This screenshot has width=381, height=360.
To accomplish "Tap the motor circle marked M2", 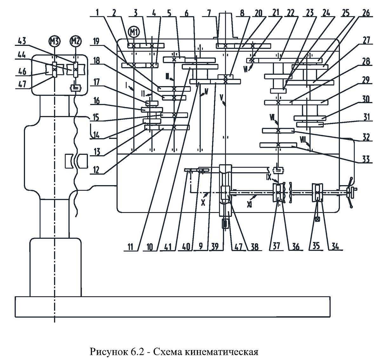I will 75,41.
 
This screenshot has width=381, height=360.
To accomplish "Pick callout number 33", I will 366,158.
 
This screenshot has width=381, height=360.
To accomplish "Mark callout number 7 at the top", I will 208,13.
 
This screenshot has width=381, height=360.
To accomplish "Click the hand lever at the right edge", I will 351,192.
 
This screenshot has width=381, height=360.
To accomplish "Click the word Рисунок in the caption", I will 108,352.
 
